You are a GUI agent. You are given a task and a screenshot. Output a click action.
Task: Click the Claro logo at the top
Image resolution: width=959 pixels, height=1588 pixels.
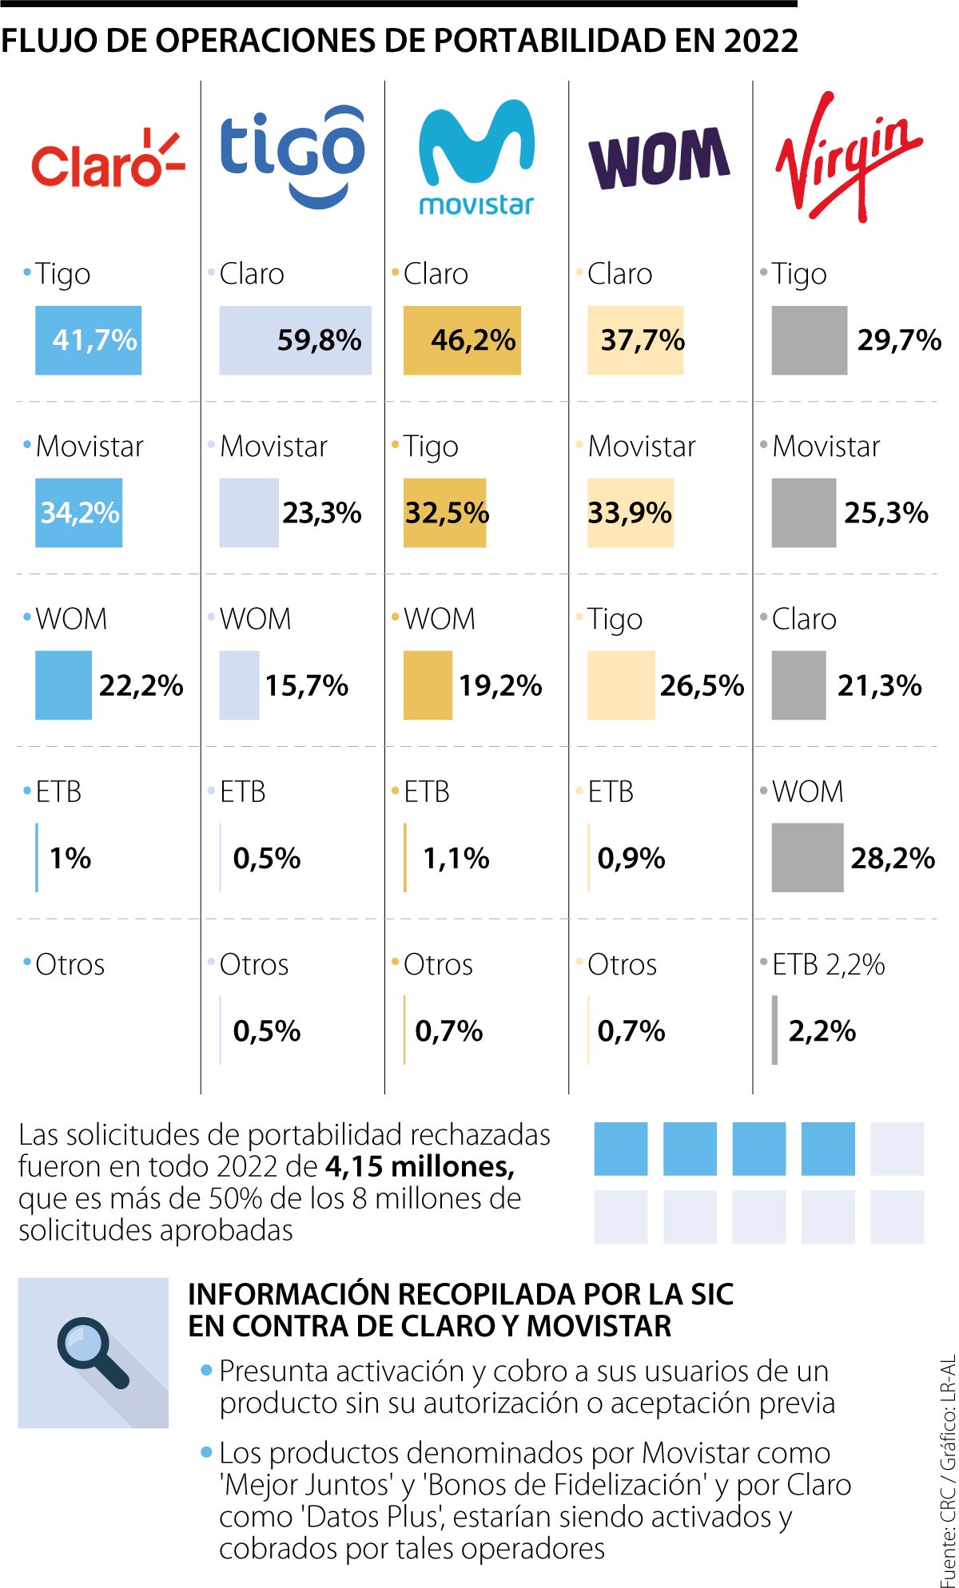pyautogui.click(x=108, y=160)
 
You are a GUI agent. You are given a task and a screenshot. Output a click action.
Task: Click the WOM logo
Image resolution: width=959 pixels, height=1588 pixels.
pyautogui.click(x=659, y=158)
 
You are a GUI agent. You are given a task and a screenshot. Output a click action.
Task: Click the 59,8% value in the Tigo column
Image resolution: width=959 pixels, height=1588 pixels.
pyautogui.click(x=319, y=340)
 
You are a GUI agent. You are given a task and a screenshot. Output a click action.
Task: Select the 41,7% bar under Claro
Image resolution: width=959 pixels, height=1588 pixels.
pyautogui.click(x=89, y=340)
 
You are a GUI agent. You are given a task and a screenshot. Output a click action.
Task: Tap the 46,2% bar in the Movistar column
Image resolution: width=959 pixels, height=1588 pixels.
pyautogui.click(x=462, y=340)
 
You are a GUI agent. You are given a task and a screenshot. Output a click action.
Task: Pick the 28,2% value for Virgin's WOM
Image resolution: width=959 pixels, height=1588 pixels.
pyautogui.click(x=892, y=858)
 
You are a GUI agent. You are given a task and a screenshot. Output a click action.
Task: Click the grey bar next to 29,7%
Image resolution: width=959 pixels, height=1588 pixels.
pyautogui.click(x=809, y=340)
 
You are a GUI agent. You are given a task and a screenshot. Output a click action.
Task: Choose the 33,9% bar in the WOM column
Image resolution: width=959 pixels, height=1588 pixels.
pyautogui.click(x=630, y=513)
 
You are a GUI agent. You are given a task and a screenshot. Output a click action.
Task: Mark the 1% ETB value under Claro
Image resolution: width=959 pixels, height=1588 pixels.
pyautogui.click(x=70, y=858)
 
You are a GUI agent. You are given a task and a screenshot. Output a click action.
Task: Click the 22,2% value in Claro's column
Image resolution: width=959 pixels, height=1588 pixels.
pyautogui.click(x=141, y=685)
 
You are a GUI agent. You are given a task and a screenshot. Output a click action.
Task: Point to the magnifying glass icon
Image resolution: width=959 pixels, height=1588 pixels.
pyautogui.click(x=93, y=1353)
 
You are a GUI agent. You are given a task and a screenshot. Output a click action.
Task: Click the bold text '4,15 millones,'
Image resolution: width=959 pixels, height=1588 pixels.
pyautogui.click(x=420, y=1167)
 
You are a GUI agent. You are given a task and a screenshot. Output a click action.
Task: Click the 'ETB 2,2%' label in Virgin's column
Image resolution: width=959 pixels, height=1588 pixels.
pyautogui.click(x=828, y=964)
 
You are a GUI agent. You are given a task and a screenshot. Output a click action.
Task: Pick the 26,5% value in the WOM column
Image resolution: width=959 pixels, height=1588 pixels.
pyautogui.click(x=702, y=685)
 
